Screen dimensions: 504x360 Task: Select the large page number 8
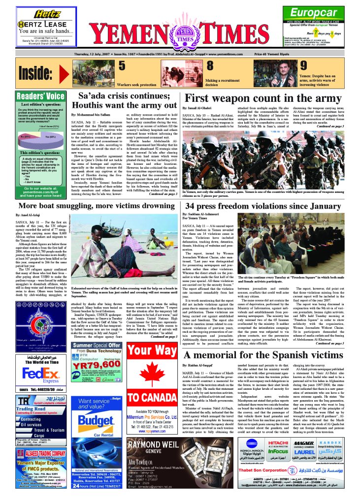point(209,66)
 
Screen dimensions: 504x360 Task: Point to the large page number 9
point(304,66)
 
